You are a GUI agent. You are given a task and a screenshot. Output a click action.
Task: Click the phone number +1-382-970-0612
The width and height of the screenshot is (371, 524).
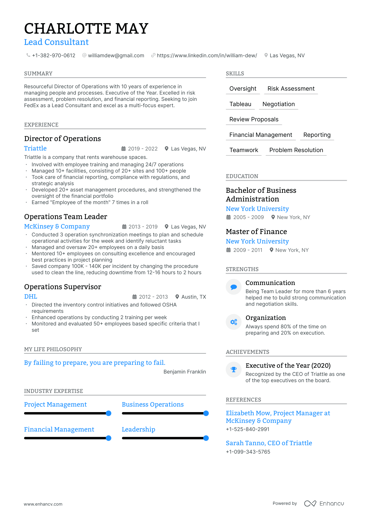[53, 55]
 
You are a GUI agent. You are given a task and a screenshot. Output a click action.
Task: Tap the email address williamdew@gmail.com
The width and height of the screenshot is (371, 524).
[116, 55]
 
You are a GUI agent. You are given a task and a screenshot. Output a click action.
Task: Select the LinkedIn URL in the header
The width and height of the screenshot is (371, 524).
[207, 55]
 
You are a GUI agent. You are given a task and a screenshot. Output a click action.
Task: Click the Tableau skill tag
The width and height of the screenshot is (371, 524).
[240, 104]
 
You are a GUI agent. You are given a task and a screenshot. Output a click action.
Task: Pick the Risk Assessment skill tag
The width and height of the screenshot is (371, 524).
[291, 89]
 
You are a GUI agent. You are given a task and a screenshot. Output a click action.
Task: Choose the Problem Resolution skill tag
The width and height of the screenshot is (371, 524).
[296, 150]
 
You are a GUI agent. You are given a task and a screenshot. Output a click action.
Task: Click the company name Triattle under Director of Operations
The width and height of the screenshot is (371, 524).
[35, 148]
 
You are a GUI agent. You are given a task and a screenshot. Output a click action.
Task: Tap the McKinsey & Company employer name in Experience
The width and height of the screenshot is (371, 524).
[57, 226]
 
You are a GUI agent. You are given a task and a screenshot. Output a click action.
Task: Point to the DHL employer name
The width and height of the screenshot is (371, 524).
[31, 297]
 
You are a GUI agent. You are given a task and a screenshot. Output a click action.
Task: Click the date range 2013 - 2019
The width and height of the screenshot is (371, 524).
[143, 227]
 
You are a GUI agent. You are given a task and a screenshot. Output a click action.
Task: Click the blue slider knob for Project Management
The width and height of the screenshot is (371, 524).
[108, 413]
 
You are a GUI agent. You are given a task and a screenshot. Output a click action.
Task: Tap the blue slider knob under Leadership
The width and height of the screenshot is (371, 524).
[206, 438]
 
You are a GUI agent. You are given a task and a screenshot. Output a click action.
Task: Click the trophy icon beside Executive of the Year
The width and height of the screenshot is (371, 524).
[234, 370]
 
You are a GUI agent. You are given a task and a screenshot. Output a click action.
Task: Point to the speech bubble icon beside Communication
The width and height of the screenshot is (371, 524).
[234, 287]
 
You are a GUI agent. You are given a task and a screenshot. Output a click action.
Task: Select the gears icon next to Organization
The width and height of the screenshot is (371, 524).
[234, 322]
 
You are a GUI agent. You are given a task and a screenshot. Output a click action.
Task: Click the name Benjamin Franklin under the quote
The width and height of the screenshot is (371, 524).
[185, 372]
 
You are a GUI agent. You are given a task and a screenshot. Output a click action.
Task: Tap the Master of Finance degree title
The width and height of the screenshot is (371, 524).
[256, 232]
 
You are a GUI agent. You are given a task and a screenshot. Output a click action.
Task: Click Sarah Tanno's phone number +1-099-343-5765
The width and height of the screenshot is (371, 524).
[248, 452]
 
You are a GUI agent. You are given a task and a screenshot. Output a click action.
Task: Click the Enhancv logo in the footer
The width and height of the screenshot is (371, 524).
[324, 504]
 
